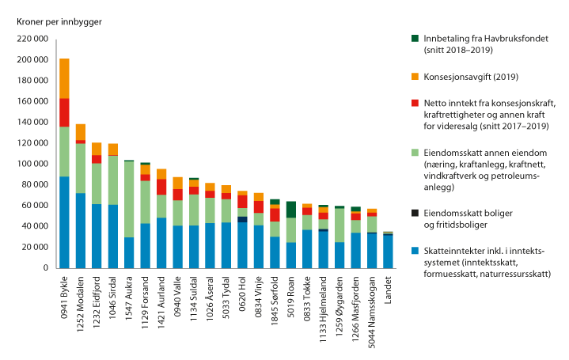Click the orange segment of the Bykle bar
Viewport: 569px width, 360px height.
click(x=64, y=78)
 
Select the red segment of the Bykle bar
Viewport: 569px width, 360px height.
click(x=64, y=112)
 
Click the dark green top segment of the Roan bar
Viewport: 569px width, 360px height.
click(x=291, y=209)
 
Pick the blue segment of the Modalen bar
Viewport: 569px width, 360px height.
click(x=81, y=230)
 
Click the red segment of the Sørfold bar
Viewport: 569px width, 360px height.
click(x=275, y=214)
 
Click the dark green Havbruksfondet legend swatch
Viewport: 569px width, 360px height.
click(x=415, y=39)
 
